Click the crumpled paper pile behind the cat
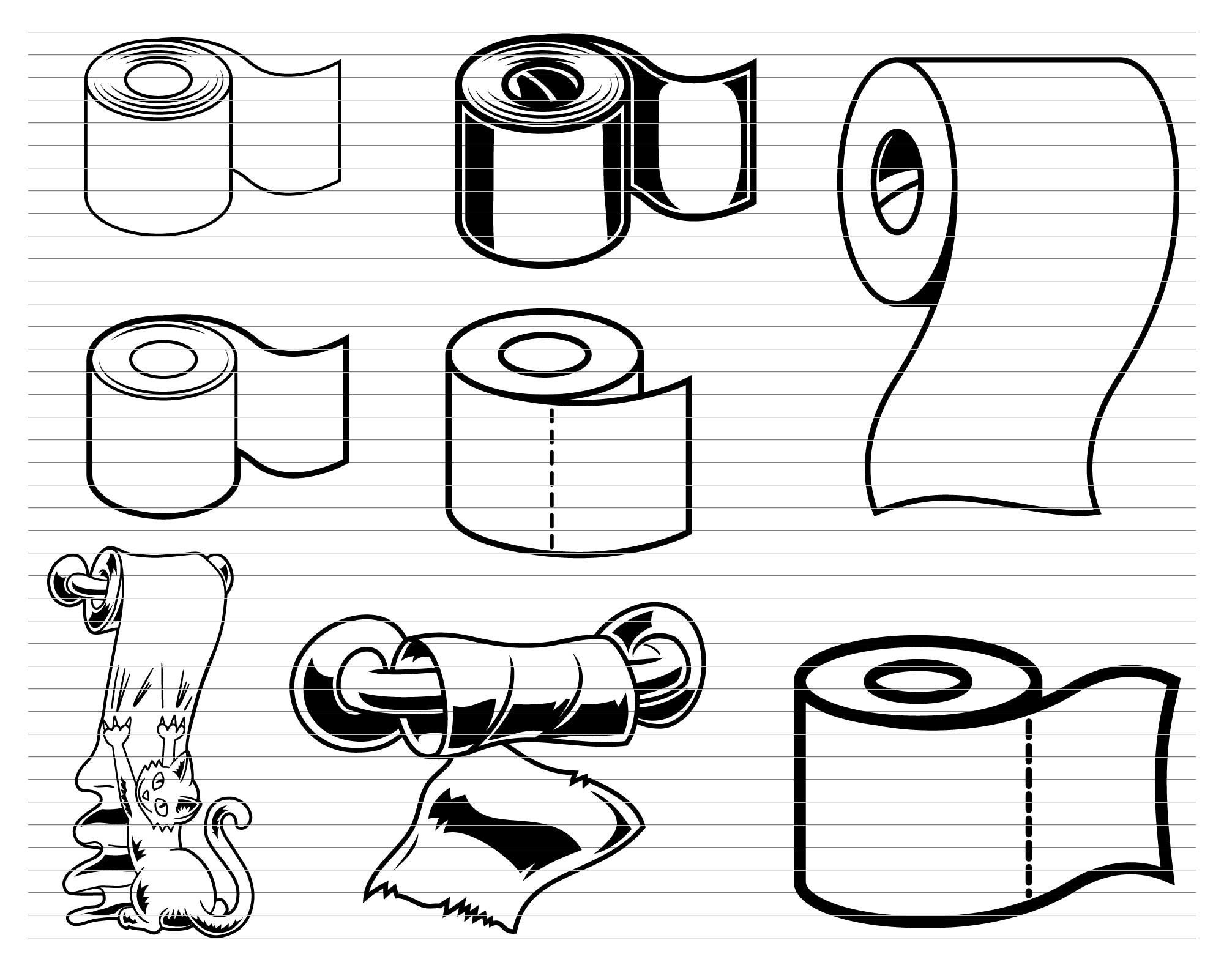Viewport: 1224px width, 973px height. coord(98,857)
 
